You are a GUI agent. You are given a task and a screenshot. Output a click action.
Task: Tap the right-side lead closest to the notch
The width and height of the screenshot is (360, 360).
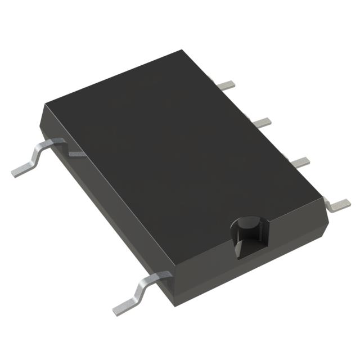339,204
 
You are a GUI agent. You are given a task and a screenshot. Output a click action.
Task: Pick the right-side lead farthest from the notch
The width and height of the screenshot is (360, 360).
227,85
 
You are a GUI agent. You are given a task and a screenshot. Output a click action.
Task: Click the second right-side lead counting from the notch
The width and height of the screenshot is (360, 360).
300,161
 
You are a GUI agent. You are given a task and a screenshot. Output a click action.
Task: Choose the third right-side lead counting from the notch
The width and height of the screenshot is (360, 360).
262,121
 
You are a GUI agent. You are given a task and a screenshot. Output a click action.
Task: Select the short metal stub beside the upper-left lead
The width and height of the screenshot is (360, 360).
76,153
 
